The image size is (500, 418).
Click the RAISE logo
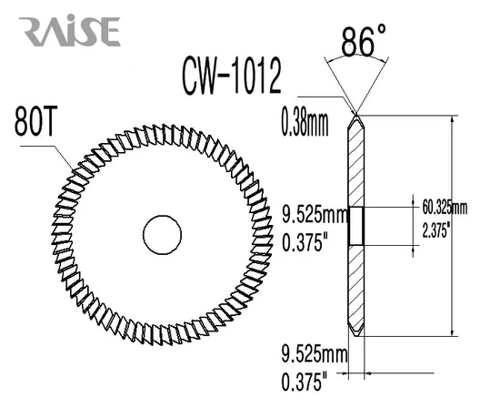pos(69,31)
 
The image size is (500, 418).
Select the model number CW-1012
pos(232,76)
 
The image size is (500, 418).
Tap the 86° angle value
pos(364,40)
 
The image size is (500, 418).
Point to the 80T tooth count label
pos(35,121)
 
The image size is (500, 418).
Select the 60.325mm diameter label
pos(445,208)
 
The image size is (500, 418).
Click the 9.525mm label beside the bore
pos(315,214)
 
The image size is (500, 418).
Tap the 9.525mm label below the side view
pos(315,354)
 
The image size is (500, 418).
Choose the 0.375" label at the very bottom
pos(305,382)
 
